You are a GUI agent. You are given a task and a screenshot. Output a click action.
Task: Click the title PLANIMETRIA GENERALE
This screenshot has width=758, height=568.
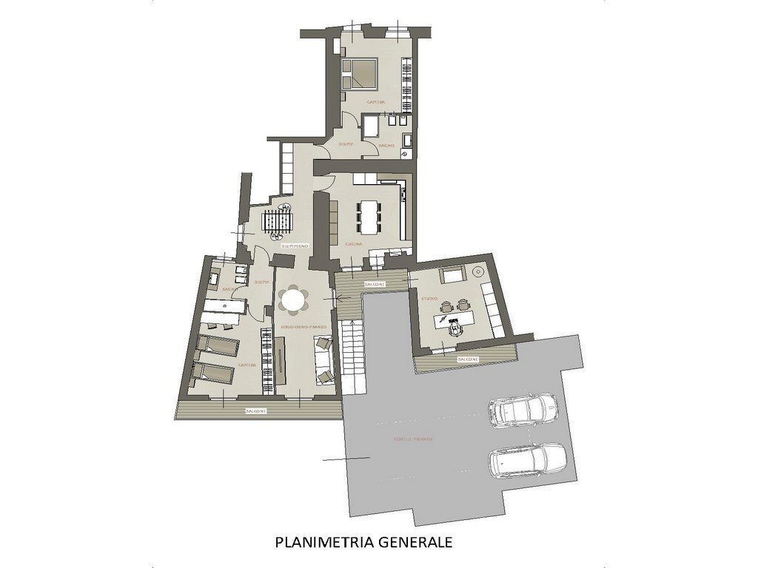point(363,541)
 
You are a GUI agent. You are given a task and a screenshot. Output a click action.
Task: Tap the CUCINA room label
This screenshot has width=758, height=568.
point(352,243)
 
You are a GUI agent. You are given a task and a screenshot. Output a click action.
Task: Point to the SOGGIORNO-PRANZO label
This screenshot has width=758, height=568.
point(298,326)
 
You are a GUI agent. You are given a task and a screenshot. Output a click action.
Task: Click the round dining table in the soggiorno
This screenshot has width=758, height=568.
point(294,300)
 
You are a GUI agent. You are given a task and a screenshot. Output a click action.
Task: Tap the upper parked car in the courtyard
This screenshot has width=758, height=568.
point(523,409)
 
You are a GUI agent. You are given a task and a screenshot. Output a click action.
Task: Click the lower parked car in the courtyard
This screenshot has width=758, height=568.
point(527,460)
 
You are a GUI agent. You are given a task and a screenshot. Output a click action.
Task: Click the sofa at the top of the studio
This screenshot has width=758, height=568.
point(451,276)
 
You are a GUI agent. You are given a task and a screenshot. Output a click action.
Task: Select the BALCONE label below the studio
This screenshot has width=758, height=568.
point(467,359)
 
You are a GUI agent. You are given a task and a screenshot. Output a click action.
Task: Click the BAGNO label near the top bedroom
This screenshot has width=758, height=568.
point(386,146)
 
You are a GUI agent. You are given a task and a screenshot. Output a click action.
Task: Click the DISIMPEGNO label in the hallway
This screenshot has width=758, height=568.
point(294,245)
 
